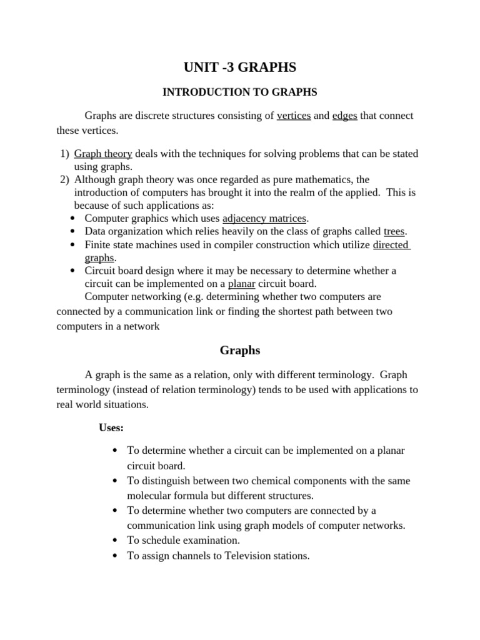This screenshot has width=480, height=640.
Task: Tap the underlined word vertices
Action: click(294, 116)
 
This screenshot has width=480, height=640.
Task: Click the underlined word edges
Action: click(344, 116)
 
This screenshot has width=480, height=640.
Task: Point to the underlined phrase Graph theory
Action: click(103, 154)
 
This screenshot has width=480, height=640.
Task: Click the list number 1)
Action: click(64, 154)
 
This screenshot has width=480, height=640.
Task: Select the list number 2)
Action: click(64, 180)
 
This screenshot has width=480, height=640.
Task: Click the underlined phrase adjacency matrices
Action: click(264, 218)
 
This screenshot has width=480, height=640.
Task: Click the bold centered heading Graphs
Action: click(240, 351)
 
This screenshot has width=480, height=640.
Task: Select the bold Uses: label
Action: click(111, 428)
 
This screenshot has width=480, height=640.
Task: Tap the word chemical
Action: click(259, 481)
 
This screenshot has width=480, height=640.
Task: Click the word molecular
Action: click(150, 496)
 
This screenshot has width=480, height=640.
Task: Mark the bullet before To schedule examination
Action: click(116, 540)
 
